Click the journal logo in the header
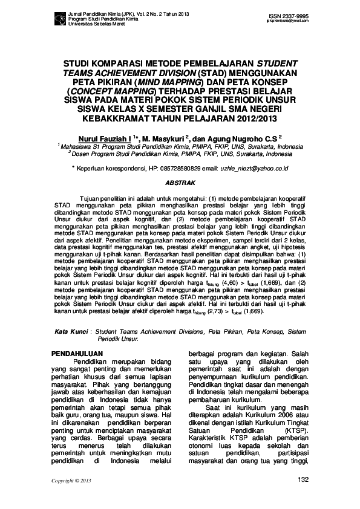tap(59, 21)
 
